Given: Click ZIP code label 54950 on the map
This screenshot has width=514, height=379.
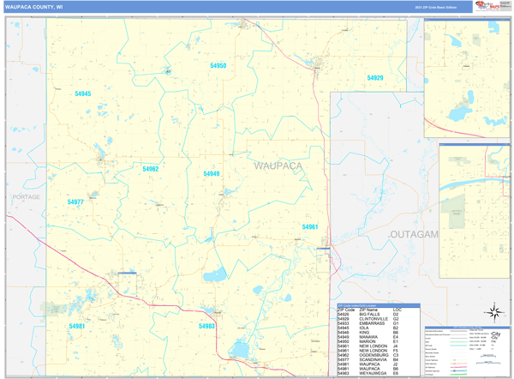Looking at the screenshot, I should tap(218, 66).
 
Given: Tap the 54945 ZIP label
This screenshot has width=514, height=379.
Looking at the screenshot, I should tap(83, 93).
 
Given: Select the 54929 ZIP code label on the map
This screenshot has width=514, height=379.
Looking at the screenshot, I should tap(375, 78).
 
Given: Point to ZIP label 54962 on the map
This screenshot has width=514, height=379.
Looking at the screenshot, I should tap(151, 169).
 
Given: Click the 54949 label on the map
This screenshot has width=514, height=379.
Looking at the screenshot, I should tap(212, 174).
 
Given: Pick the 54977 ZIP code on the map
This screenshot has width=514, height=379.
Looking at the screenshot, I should tap(75, 202).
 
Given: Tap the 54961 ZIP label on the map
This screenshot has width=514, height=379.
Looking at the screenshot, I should tap(310, 226).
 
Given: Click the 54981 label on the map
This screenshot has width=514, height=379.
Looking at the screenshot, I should tap(78, 327).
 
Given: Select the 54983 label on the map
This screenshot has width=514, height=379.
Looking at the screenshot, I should tap(206, 327).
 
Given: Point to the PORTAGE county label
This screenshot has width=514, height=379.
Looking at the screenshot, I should tap(27, 197).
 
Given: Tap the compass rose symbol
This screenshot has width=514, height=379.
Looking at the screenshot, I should tap(493, 311).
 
